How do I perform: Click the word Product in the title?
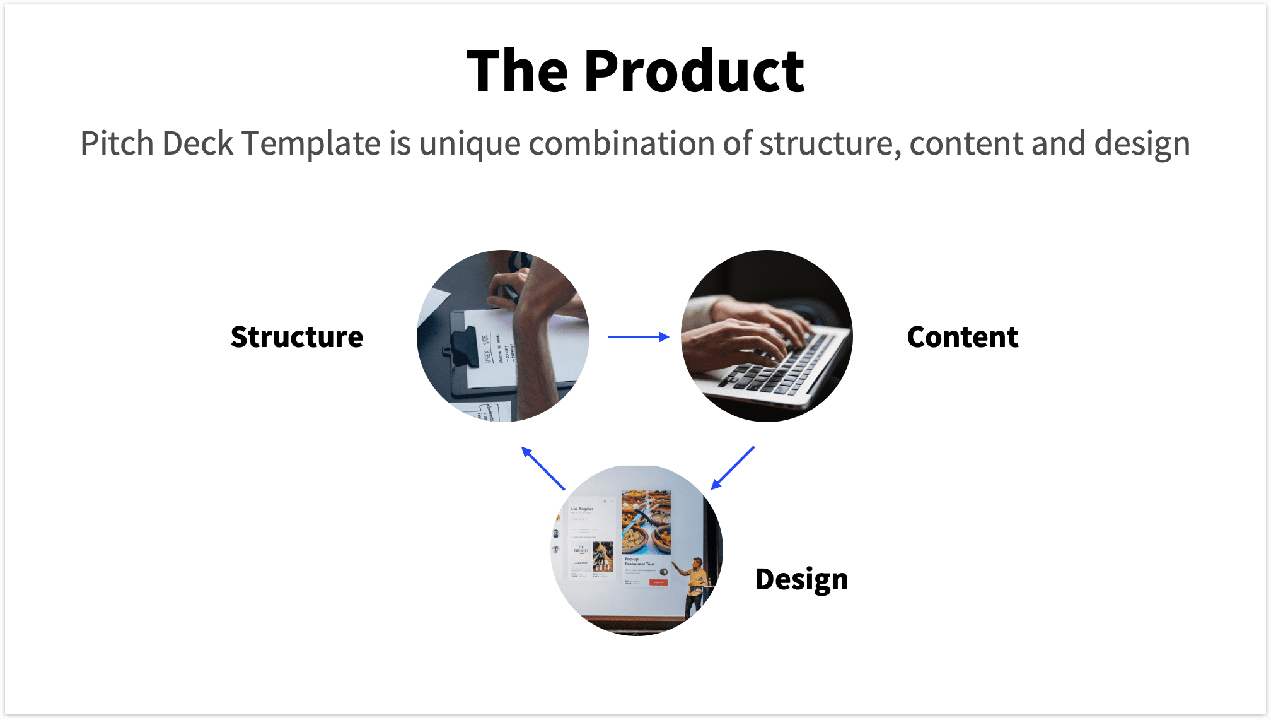point(694,71)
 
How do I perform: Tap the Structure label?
point(296,337)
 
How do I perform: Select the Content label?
point(962,337)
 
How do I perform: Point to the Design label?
point(801,579)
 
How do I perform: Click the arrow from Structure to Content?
point(638,337)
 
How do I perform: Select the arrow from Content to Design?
point(733,468)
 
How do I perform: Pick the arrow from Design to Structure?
point(543,468)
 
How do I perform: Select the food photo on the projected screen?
point(646,522)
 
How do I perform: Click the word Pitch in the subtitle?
point(117,144)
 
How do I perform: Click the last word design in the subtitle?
point(1142,144)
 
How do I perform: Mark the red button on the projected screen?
point(658,582)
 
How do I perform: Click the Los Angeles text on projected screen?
point(582,509)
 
